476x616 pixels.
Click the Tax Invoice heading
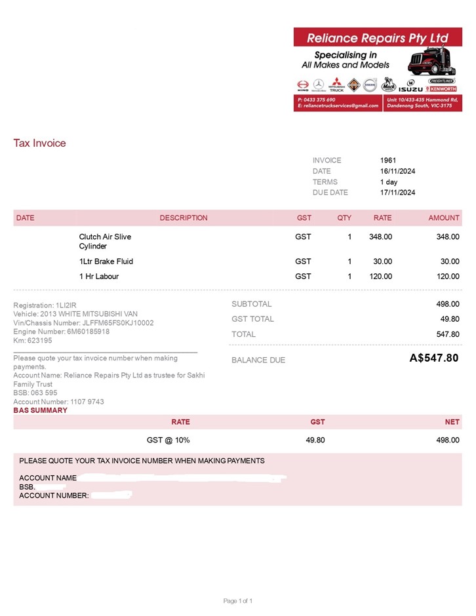(x=39, y=143)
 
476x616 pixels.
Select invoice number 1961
(x=388, y=160)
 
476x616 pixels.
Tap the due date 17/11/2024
(x=397, y=193)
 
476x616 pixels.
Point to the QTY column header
(x=344, y=218)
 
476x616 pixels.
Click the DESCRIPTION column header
(x=184, y=218)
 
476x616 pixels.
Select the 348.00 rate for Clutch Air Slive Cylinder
(x=380, y=237)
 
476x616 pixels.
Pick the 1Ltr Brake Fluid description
(x=106, y=261)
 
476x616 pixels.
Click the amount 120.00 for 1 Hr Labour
(x=448, y=277)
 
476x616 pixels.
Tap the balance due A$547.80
(x=433, y=358)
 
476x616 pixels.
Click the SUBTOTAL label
(x=251, y=304)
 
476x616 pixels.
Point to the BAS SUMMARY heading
(x=40, y=410)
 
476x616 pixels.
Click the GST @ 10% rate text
(x=168, y=440)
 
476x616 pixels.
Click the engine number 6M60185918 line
(x=61, y=332)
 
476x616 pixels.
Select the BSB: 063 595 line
(x=35, y=393)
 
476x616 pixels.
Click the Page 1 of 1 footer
(x=237, y=601)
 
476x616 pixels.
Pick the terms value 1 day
(x=389, y=182)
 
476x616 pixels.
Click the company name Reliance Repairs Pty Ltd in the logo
(x=377, y=38)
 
